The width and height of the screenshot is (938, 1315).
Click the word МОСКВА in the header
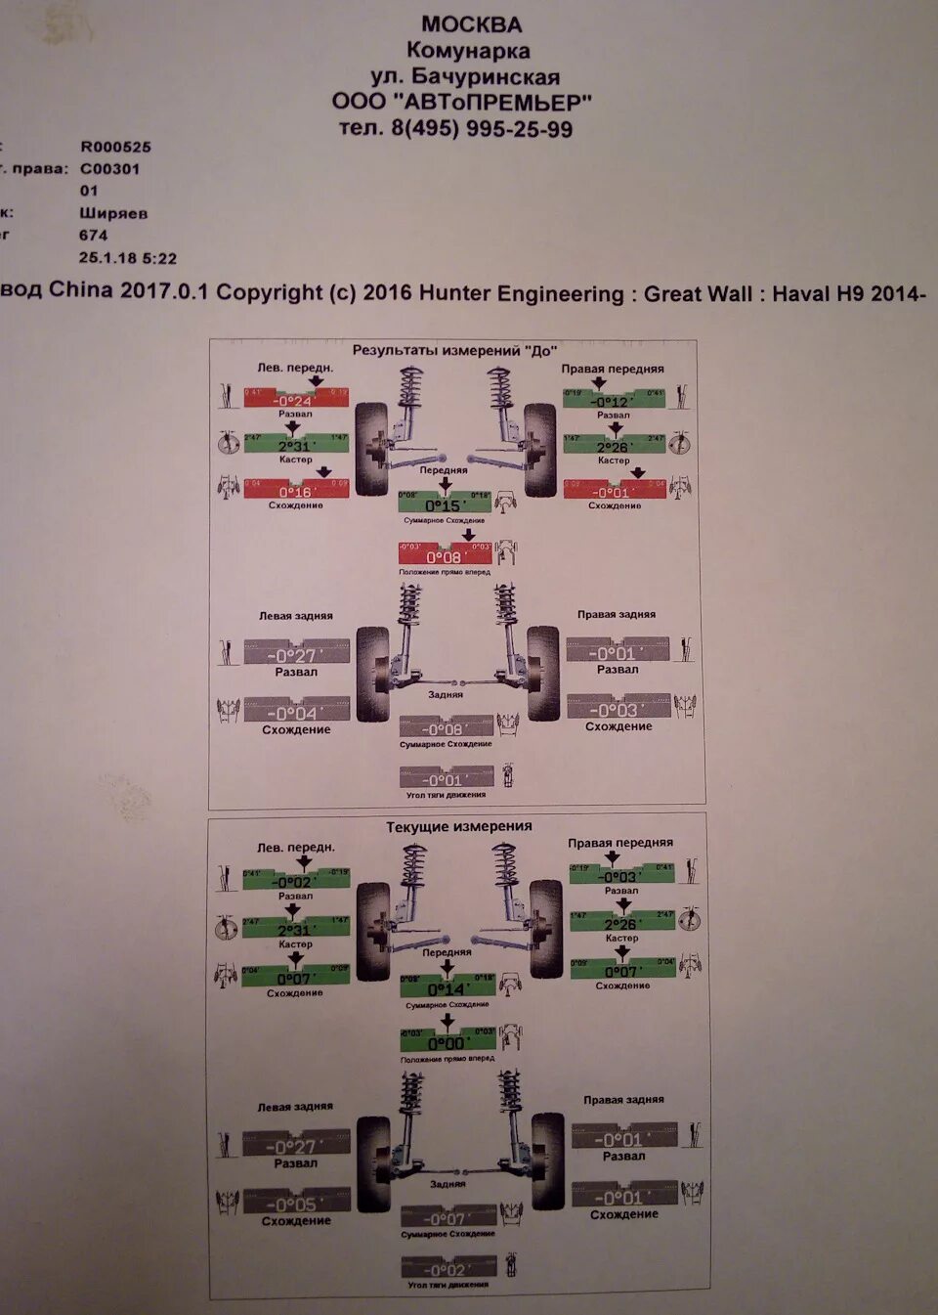tap(471, 24)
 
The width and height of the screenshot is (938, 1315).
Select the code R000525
tap(115, 147)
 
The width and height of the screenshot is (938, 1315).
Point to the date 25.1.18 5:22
tap(127, 258)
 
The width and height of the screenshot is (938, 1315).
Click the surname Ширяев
tap(113, 213)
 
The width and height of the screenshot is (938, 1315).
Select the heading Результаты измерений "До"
tap(454, 350)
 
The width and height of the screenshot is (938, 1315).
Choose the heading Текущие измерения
tap(458, 826)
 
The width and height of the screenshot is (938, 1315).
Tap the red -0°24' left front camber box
tap(295, 398)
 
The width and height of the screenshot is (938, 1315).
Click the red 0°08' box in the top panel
tap(445, 554)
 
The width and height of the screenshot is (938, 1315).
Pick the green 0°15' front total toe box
tap(444, 503)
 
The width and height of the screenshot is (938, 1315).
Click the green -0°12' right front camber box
tap(614, 399)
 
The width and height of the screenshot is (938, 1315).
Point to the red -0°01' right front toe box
tap(615, 490)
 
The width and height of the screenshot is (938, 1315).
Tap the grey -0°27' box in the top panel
tap(296, 653)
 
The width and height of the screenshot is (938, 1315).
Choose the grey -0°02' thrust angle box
tap(448, 1268)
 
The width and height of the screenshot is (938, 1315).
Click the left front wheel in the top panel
tap(370, 449)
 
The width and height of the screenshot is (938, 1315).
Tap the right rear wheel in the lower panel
tap(547, 1161)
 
